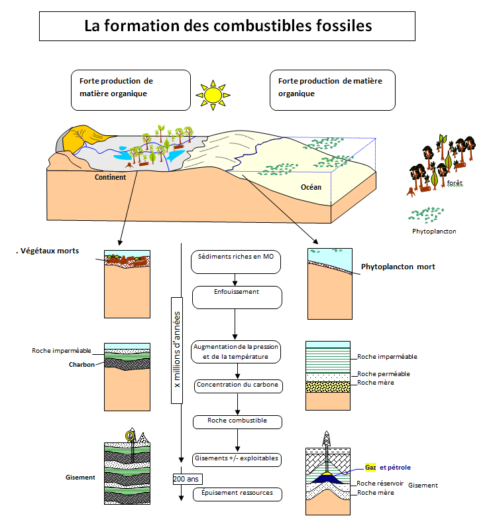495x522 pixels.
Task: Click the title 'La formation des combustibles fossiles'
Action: [x=227, y=27]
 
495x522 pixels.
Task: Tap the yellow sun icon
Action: [x=212, y=95]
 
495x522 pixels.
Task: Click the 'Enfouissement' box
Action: [x=237, y=296]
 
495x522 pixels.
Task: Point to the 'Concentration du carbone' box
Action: [x=237, y=385]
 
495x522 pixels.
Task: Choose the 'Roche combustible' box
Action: [x=237, y=421]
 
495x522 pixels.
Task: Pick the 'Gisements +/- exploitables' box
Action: [x=237, y=458]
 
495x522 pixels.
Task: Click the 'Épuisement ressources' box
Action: [x=237, y=494]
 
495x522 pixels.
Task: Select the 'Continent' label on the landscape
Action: [x=110, y=177]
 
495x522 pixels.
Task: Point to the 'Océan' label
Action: [x=311, y=187]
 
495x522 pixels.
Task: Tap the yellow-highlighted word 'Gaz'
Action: [x=370, y=467]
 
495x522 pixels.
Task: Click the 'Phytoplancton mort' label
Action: [x=398, y=267]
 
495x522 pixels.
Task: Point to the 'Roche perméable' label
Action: [x=384, y=373]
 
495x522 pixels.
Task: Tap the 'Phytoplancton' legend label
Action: [x=434, y=231]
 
